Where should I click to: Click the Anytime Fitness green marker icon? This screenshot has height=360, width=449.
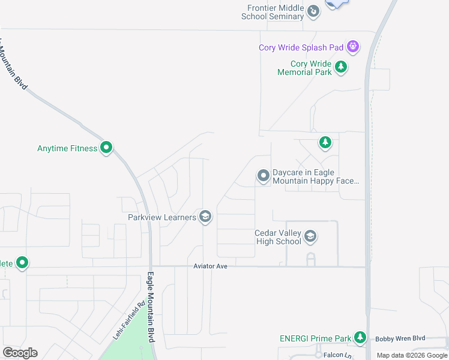[106, 147]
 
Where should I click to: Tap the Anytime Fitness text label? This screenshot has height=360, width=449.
[67, 148]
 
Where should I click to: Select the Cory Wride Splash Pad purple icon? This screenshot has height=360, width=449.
[354, 46]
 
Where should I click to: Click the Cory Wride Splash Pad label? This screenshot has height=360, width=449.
[301, 47]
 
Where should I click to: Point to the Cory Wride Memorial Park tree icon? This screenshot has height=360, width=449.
[341, 67]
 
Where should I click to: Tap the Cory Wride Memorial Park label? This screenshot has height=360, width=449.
[304, 68]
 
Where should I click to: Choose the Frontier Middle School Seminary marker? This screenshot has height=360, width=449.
[313, 11]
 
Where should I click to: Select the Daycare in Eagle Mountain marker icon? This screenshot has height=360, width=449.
[263, 175]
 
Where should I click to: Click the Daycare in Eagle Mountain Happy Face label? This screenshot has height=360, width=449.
[316, 176]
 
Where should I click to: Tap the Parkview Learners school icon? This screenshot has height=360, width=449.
[205, 217]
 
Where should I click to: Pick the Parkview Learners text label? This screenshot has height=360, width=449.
[162, 217]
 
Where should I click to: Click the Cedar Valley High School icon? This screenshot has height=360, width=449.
[310, 236]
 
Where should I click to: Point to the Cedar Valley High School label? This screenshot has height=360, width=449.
[278, 237]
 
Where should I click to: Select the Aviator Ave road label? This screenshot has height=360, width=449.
[210, 266]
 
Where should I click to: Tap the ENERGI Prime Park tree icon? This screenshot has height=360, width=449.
[360, 338]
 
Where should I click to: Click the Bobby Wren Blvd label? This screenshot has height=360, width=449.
[400, 339]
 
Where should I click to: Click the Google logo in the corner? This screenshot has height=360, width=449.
[20, 353]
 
